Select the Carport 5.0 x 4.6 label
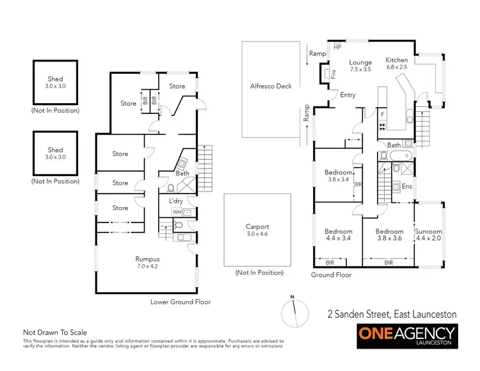[257, 231]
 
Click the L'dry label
[176, 201]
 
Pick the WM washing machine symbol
[177, 211]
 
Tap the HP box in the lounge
[337, 47]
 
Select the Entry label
[348, 95]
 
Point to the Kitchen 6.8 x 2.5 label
[397, 63]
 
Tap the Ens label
[406, 186]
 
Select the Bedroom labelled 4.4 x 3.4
[338, 235]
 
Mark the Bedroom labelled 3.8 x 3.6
[389, 235]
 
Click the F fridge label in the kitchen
[382, 113]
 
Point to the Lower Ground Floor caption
[180, 301]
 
